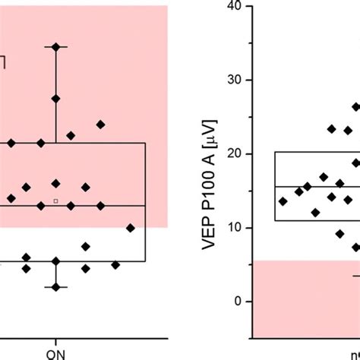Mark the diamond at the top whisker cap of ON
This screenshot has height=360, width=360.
coord(55,47)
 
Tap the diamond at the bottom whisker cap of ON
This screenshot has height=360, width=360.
coord(55,287)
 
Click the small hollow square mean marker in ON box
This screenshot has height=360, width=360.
coord(55,201)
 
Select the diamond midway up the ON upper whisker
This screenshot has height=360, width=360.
coord(55,99)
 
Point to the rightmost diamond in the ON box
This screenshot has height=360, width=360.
coord(131,228)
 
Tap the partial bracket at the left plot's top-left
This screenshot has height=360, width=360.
coord(4,62)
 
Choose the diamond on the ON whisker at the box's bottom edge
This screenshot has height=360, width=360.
coord(55,261)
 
